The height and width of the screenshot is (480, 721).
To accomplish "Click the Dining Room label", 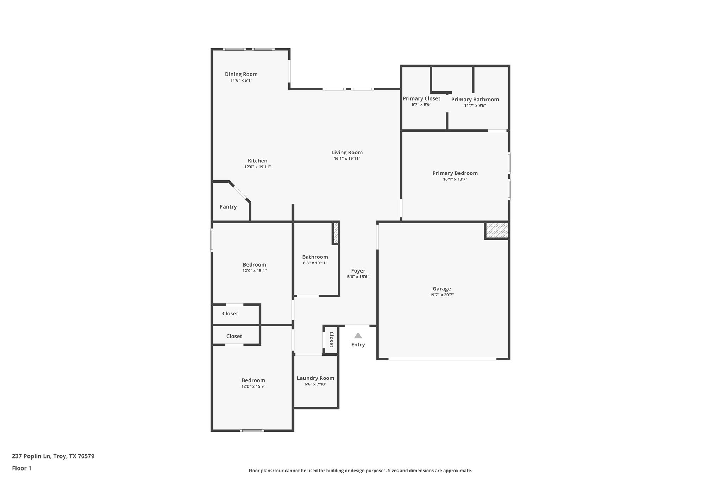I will (x=241, y=74).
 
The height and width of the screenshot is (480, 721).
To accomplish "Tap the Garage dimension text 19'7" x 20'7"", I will (x=441, y=295).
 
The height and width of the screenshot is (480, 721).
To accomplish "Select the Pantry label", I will (x=228, y=207).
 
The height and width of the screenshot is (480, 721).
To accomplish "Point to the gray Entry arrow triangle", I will (x=358, y=335).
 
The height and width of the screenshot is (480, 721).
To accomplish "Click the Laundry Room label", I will (x=315, y=378).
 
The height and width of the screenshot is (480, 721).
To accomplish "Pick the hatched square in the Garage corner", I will (x=497, y=230).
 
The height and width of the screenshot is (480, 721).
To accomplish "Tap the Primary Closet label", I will (x=421, y=99).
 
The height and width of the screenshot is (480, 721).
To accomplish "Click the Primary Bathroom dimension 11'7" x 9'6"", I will (x=475, y=105).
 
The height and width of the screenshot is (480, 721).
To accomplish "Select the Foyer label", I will (x=358, y=271).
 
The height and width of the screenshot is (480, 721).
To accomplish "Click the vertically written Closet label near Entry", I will (x=331, y=340).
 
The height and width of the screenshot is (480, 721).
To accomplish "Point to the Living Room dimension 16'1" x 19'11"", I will (x=347, y=159).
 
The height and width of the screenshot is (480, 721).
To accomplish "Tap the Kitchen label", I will (x=257, y=161).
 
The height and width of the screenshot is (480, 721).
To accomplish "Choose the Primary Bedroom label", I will (x=455, y=173).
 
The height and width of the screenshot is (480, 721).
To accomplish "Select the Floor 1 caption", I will (x=21, y=468).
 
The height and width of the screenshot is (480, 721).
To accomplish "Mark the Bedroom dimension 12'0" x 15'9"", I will (x=253, y=386).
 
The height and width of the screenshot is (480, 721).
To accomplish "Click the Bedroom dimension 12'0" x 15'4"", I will (x=254, y=271).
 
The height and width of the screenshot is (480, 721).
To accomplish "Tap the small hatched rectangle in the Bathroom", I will (x=336, y=233).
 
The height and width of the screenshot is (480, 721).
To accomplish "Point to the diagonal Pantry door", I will (x=240, y=192).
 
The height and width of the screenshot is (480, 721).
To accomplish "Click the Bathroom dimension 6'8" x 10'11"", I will (x=315, y=263).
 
